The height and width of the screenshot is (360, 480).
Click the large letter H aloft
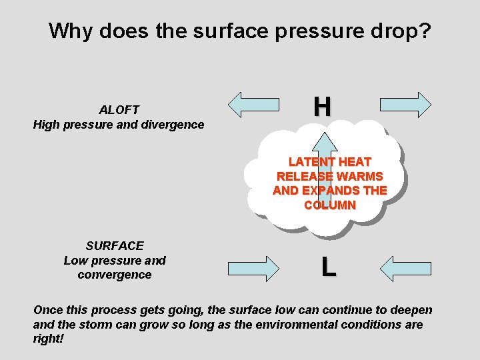pyautogui.click(x=322, y=106)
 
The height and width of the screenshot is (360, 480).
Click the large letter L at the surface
pyautogui.click(x=327, y=267)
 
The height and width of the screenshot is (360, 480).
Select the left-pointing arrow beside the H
pyautogui.click(x=253, y=105)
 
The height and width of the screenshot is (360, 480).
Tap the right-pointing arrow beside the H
pyautogui.click(x=405, y=105)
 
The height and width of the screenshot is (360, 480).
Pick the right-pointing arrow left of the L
pyautogui.click(x=253, y=267)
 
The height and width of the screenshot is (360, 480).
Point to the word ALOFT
pyautogui.click(x=119, y=109)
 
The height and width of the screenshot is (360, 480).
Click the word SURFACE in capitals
pyautogui.click(x=115, y=246)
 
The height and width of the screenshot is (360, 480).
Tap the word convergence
pyautogui.click(x=115, y=275)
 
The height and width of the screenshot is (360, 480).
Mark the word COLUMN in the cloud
pyautogui.click(x=329, y=205)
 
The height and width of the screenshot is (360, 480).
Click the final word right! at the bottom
pyautogui.click(x=49, y=339)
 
